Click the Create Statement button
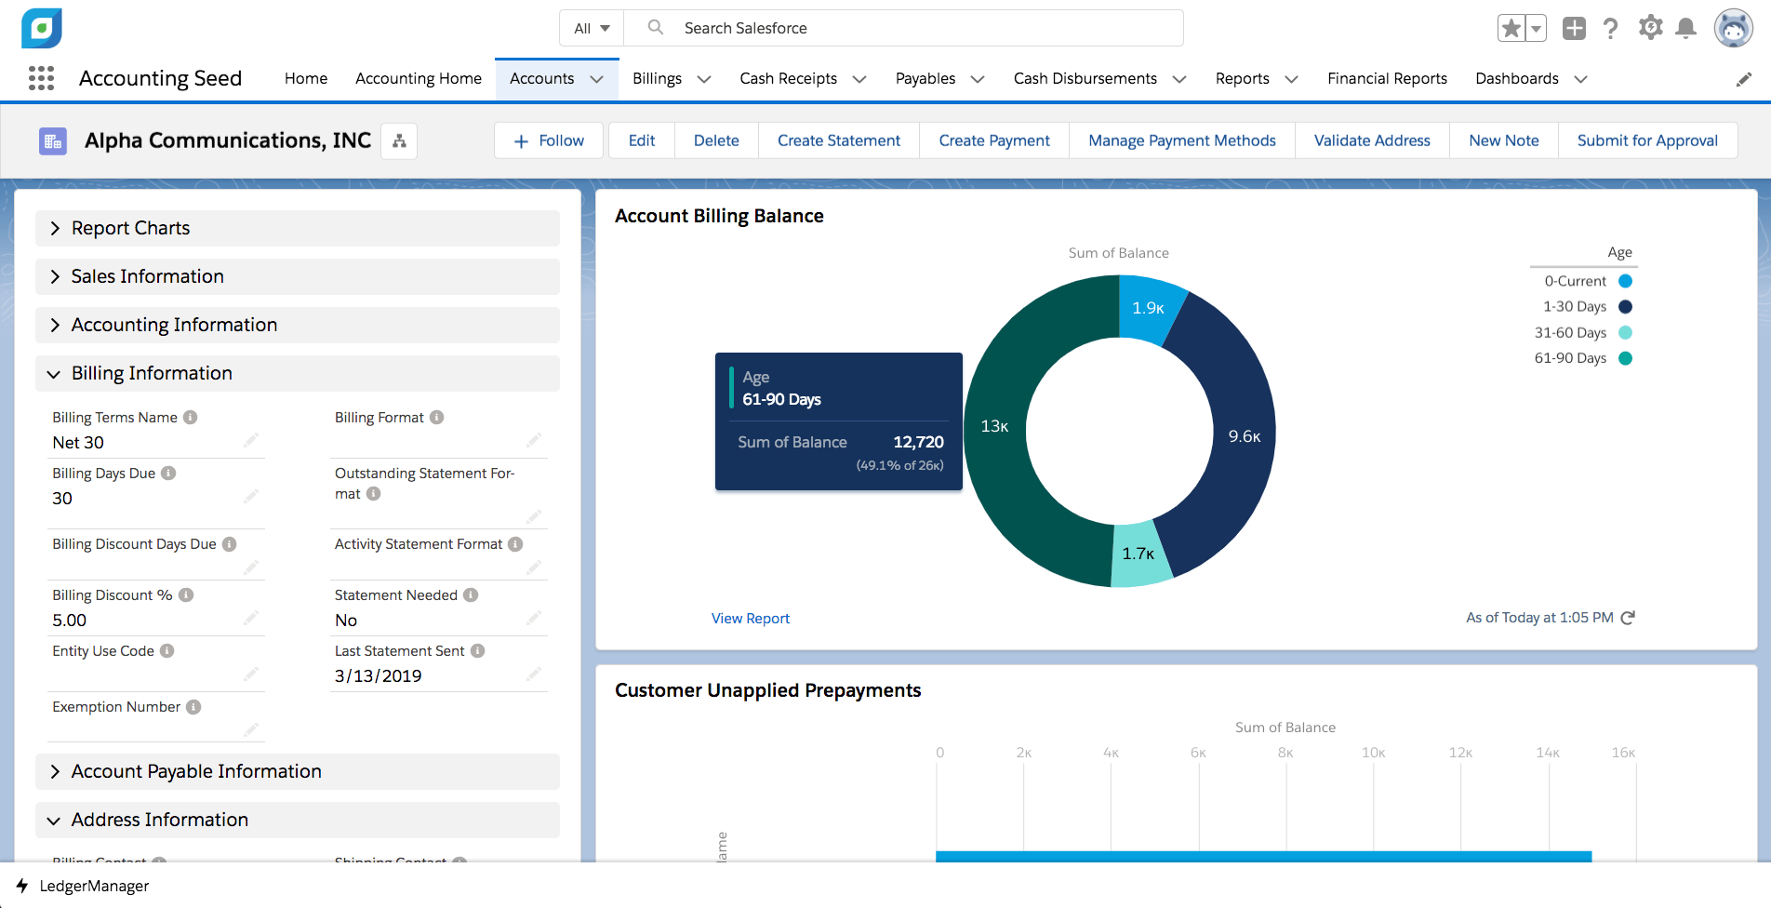(838, 140)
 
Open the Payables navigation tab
(925, 79)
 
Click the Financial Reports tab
(1386, 79)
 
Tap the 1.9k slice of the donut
(1148, 308)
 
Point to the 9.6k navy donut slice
(1244, 436)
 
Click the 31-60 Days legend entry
(1582, 333)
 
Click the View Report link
(750, 619)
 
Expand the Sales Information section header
(148, 276)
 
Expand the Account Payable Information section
(196, 771)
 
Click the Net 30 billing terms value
(78, 443)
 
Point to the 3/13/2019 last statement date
(378, 676)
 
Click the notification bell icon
(1685, 28)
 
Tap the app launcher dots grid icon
(41, 78)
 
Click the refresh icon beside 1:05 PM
(1628, 618)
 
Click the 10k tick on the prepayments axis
(1373, 753)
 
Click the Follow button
(549, 140)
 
